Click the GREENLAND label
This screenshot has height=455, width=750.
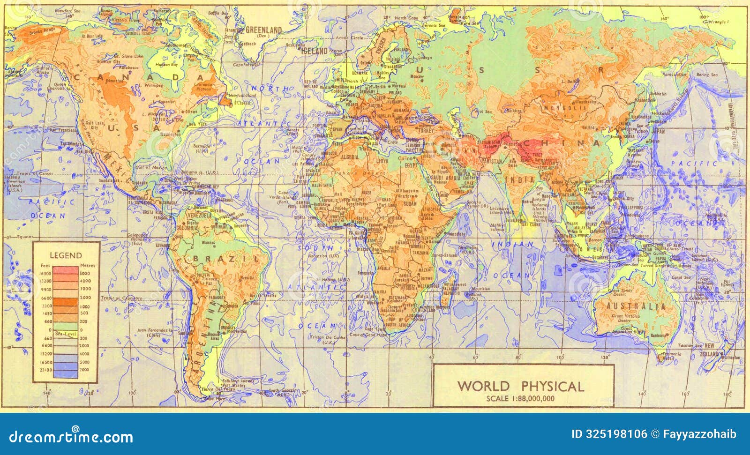[x=263, y=30]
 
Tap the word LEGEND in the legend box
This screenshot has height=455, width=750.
[x=66, y=255]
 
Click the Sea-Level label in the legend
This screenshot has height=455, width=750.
[x=65, y=333]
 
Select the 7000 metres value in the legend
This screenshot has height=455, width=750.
[x=84, y=370]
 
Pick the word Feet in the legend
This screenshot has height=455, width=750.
[x=45, y=265]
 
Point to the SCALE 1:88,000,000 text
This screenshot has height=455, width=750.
[x=520, y=399]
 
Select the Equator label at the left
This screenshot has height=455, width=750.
[x=25, y=237]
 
